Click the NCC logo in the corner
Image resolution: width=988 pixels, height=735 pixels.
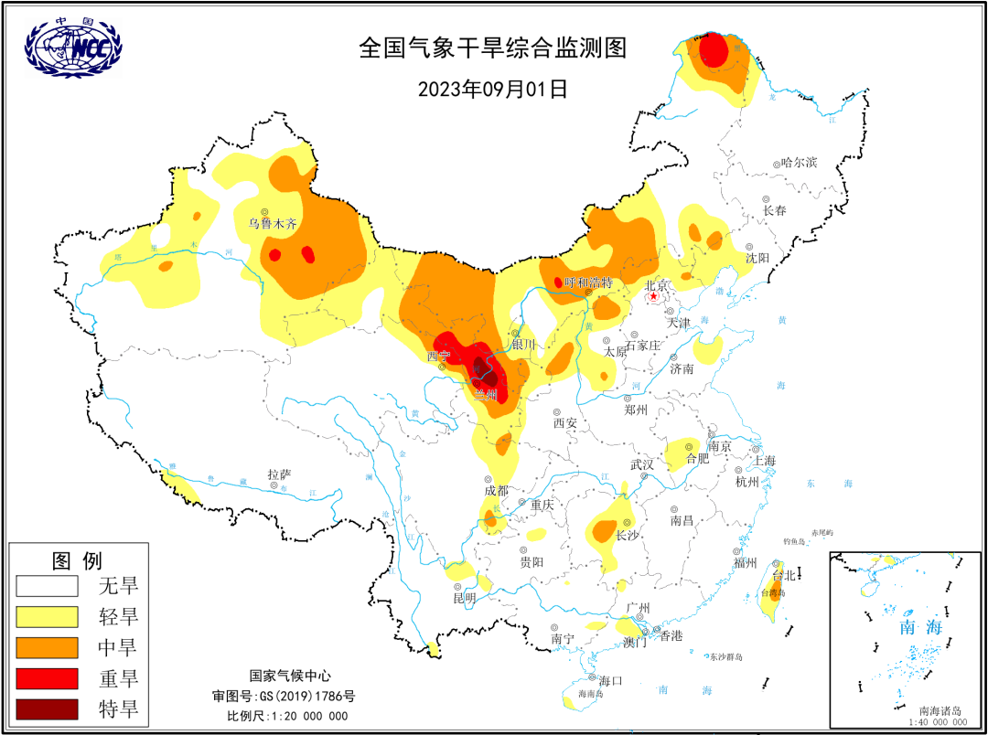coord(72,47)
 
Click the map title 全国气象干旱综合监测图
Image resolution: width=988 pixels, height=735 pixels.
coord(493,48)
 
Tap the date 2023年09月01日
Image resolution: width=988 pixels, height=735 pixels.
coord(493,89)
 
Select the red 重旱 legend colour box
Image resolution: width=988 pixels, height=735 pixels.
coord(47,678)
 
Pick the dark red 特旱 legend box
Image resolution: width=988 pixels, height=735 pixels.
coord(47,709)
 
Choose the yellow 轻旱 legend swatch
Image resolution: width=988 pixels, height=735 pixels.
coord(47,616)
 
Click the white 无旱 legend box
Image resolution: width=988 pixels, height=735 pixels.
coord(47,586)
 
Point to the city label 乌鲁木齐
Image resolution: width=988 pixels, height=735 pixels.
coord(274,223)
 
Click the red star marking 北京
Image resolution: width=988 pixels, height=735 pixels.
coord(654,296)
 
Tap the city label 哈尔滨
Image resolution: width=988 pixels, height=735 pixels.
coord(800,162)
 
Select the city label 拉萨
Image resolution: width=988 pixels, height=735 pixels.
coord(279,474)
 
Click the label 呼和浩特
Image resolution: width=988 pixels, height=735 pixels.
coord(588,282)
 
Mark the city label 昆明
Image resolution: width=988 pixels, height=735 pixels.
coord(465,598)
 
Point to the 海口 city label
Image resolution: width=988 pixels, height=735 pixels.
coord(610,680)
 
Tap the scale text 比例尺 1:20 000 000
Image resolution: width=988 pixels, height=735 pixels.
coord(287,715)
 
